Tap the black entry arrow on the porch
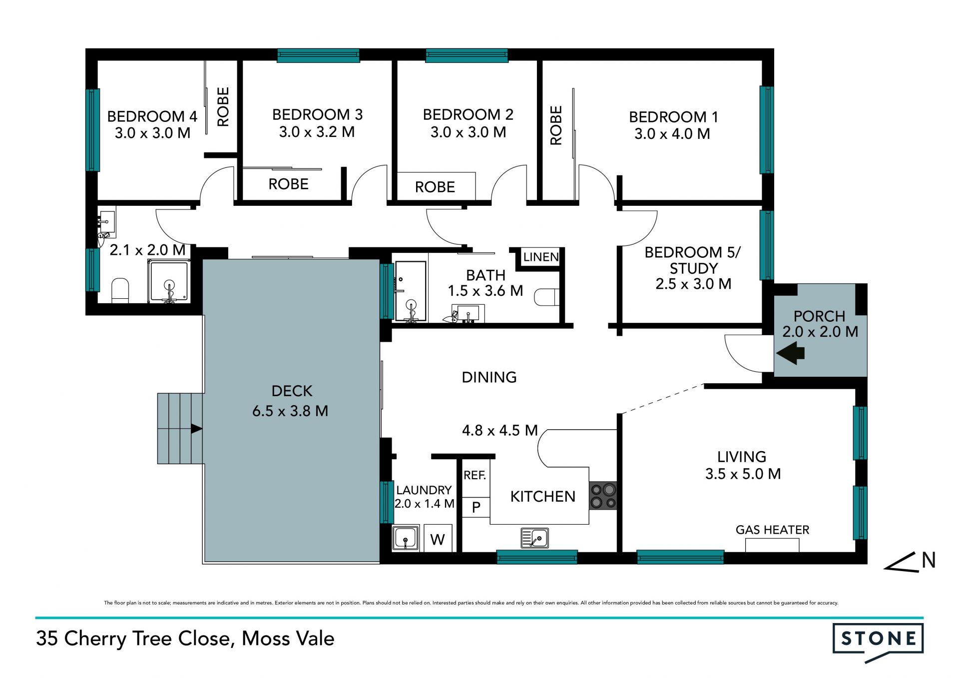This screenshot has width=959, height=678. pyautogui.click(x=790, y=353)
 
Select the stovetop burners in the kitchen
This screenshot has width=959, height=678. pyautogui.click(x=603, y=495)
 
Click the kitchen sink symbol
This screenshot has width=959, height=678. pyautogui.click(x=534, y=538)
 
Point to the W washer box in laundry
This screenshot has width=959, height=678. pyautogui.click(x=438, y=538)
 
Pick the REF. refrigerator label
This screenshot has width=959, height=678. pyautogui.click(x=475, y=475)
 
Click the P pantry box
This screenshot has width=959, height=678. pyautogui.click(x=476, y=508)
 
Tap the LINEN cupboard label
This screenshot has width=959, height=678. pyautogui.click(x=541, y=257)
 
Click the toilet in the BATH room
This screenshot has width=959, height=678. pyautogui.click(x=546, y=297)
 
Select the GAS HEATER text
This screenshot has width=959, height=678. pyautogui.click(x=772, y=530)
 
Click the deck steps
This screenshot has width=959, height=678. pyautogui.click(x=180, y=429)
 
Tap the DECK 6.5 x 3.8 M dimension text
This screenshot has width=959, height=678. pyautogui.click(x=290, y=411)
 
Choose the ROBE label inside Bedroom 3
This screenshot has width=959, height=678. pyautogui.click(x=288, y=184)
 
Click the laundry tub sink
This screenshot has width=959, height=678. pyautogui.click(x=406, y=539)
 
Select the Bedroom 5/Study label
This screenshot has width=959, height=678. pyautogui.click(x=693, y=260)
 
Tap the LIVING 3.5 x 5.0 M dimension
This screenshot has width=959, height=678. pyautogui.click(x=743, y=474)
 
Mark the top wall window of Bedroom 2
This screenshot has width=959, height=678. pyautogui.click(x=467, y=55)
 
